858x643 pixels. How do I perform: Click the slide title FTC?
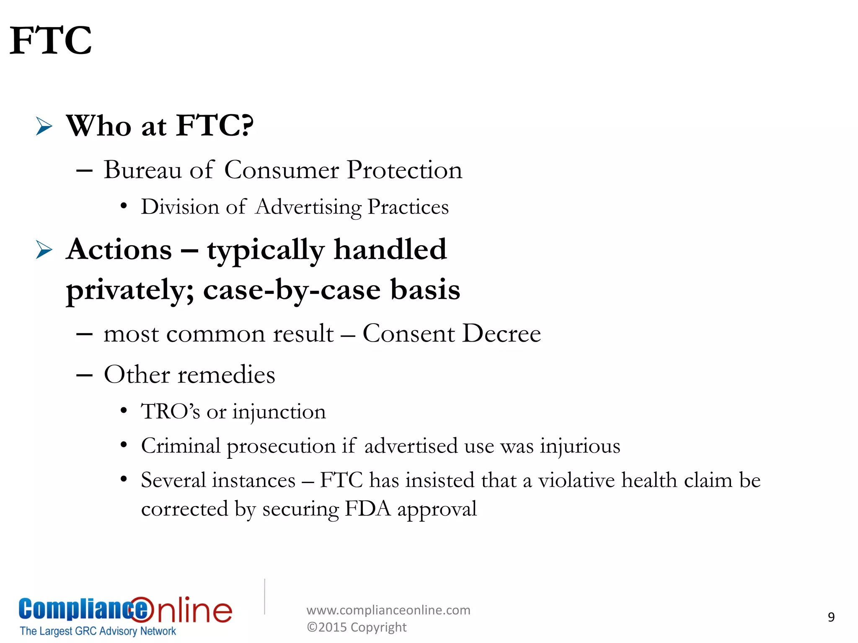51,41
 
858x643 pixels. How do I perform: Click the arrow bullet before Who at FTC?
44,126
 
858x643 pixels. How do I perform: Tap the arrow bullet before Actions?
44,250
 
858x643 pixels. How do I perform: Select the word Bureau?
142,170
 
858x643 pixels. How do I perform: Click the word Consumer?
282,170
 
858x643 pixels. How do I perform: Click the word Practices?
408,207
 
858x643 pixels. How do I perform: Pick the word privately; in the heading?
130,290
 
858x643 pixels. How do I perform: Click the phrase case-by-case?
292,290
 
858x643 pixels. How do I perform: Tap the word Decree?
502,334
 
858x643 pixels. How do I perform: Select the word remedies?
227,374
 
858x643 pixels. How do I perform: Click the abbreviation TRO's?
170,411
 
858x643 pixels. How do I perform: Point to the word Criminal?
181,446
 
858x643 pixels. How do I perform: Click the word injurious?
580,446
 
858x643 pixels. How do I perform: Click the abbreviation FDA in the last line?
367,509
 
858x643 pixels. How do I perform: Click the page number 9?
831,617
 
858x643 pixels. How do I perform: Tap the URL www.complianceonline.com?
388,610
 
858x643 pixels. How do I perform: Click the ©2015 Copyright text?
357,627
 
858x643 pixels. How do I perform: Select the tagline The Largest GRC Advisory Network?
98,631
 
